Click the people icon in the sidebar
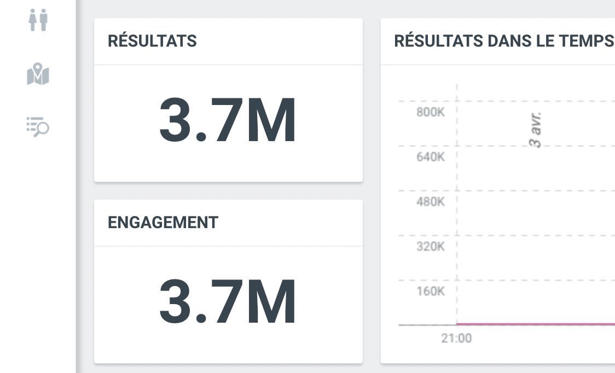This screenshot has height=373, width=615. [x=38, y=20]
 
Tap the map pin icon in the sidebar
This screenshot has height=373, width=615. [x=38, y=74]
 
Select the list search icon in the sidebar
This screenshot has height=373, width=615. [x=38, y=126]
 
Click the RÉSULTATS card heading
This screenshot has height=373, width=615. [x=152, y=41]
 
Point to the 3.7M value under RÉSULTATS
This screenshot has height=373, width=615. [x=228, y=120]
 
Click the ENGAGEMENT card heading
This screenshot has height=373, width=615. [x=163, y=223]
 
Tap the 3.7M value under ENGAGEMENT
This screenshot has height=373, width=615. [x=228, y=302]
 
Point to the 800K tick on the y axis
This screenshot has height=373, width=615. [x=430, y=112]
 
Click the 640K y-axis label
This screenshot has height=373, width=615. [x=430, y=157]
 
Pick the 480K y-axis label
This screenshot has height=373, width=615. [x=430, y=202]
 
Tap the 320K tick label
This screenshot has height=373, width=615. [x=430, y=247]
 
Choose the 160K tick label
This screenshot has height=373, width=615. [x=430, y=291]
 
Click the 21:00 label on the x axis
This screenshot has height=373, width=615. [x=456, y=339]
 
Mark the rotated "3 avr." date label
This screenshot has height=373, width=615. [x=537, y=130]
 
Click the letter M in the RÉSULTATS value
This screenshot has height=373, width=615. [x=271, y=120]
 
